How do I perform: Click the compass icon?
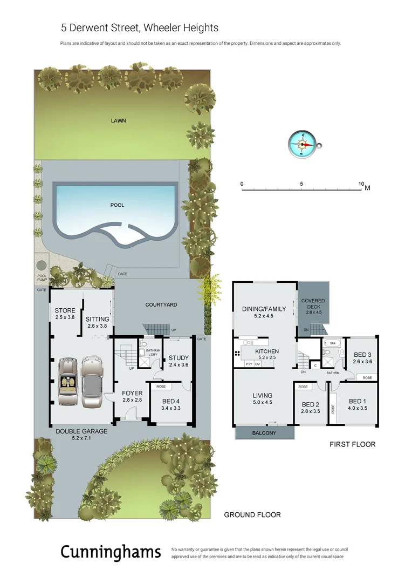303,144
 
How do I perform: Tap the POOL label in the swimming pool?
117,205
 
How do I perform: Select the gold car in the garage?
68,382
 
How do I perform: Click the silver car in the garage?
92,382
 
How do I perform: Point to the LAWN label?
118,120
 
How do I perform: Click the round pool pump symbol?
42,266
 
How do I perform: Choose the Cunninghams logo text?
111,552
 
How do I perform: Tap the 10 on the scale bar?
361,184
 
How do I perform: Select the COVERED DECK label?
313,303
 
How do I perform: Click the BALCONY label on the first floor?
264,433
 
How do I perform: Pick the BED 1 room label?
358,401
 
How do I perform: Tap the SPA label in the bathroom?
332,343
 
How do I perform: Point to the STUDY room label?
178,357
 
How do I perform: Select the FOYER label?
132,392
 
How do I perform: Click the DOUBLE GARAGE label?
81,431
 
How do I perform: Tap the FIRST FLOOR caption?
352,444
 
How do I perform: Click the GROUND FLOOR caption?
252,515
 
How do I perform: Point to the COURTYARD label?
161,305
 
